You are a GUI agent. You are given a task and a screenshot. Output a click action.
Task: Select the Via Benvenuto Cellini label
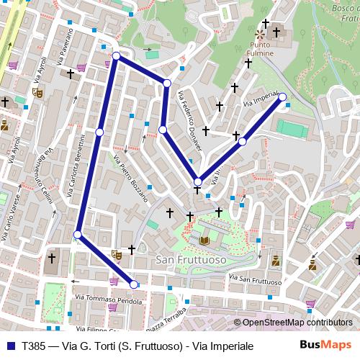click(x=37, y=174)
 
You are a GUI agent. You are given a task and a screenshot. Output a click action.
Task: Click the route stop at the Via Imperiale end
click(x=282, y=96)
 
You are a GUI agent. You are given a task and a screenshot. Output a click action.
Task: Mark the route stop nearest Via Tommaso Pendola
click(x=133, y=284)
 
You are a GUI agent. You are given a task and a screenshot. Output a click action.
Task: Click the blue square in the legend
click(x=11, y=346)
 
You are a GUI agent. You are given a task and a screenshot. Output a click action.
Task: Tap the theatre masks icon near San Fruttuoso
click(x=116, y=254)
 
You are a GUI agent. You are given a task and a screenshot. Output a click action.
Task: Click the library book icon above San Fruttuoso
click(x=204, y=240)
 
